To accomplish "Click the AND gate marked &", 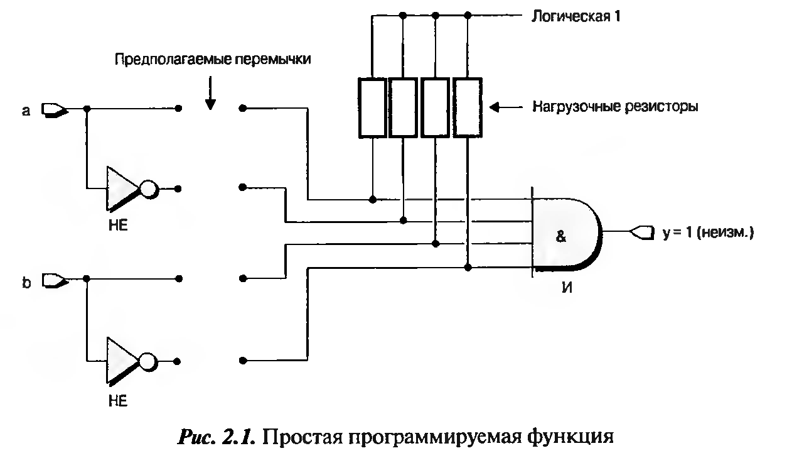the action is tap(566, 234).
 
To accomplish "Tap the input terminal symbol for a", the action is tap(55, 109).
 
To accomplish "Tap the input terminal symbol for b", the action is tap(55, 280).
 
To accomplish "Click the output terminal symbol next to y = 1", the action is tap(641, 232).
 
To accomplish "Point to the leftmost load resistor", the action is tap(372, 107).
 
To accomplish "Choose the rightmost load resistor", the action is tap(468, 107).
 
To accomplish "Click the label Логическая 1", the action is tap(576, 16).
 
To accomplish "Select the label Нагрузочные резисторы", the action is tap(615, 107).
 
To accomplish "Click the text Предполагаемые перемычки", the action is tap(213, 59).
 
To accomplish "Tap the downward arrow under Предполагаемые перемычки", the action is tap(210, 93).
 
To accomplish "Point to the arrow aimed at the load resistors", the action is tap(506, 107).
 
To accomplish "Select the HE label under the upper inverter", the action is tap(118, 225).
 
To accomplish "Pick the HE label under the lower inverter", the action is tap(118, 401).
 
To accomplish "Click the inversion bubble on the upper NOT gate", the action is tap(149, 189).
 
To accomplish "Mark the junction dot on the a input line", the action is tap(87, 109).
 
